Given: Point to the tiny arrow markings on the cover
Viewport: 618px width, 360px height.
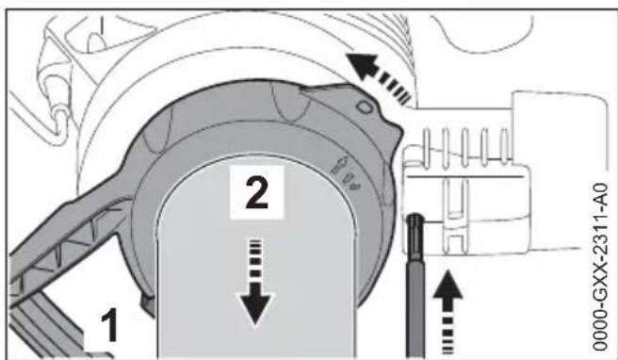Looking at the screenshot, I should pyautogui.click(x=346, y=169).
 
